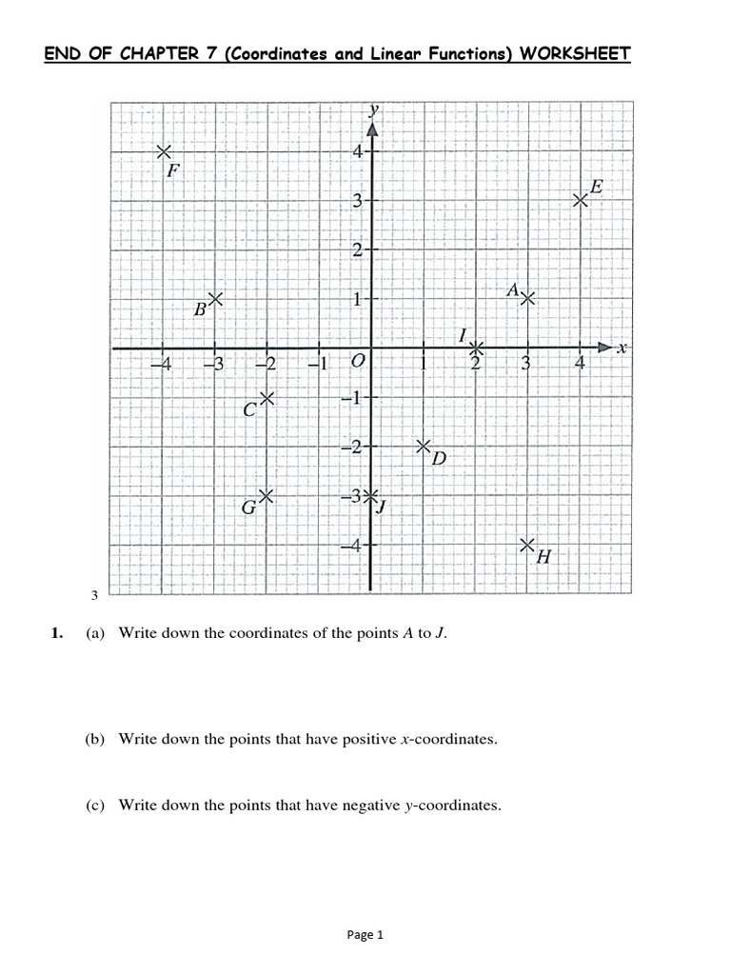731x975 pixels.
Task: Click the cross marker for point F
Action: (x=165, y=151)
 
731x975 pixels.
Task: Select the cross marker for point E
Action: (x=580, y=200)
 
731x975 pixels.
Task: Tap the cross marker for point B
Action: (x=216, y=299)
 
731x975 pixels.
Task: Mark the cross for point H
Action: (x=527, y=545)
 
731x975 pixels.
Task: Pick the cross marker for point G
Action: (x=267, y=495)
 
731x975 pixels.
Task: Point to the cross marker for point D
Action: (x=424, y=446)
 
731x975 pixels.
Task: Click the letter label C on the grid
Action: (x=249, y=410)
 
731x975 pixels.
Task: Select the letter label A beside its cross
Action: (x=512, y=289)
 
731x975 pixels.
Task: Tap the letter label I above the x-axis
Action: (x=463, y=335)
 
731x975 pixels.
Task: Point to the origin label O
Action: (x=358, y=362)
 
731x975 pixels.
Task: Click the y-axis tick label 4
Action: (x=355, y=151)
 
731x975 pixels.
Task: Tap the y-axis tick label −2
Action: (x=351, y=448)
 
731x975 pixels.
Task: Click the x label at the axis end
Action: (x=622, y=348)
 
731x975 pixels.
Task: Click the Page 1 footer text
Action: (x=365, y=935)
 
